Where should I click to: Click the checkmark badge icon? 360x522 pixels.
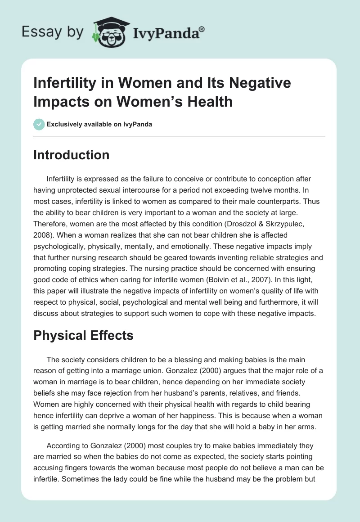39,124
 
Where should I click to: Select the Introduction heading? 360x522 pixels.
72,155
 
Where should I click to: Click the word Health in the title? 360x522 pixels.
211,102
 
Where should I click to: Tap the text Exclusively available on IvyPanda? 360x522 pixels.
99,124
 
